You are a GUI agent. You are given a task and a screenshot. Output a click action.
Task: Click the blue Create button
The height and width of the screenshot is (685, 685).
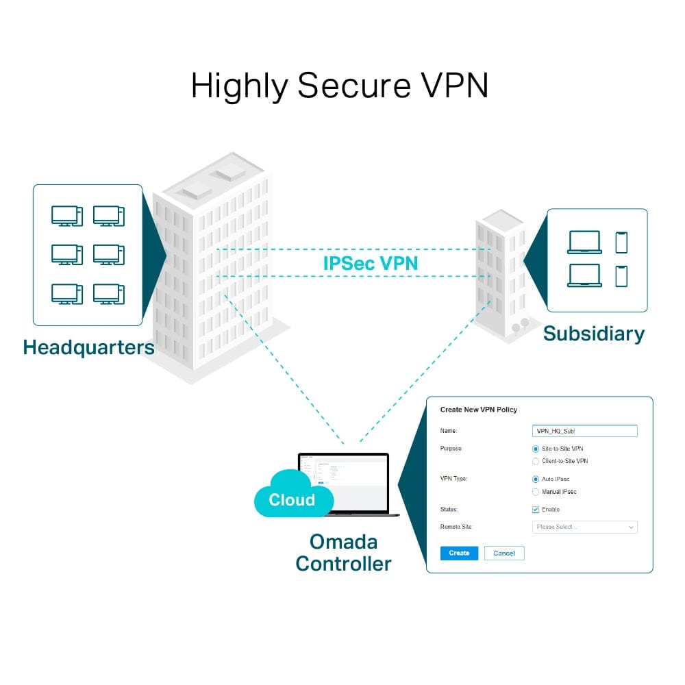click(459, 553)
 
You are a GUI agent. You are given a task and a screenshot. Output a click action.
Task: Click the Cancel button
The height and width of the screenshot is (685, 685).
click(504, 553)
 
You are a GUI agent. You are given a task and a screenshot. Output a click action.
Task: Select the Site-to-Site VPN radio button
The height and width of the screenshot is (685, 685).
click(536, 449)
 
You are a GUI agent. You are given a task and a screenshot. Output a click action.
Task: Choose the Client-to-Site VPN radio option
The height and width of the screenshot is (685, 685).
click(536, 461)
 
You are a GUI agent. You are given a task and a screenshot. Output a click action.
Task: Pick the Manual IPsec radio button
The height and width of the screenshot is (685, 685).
click(536, 492)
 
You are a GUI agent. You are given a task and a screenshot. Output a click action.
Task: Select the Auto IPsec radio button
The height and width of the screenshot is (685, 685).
click(536, 479)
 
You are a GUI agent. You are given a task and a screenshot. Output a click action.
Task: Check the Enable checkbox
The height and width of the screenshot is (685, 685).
click(536, 510)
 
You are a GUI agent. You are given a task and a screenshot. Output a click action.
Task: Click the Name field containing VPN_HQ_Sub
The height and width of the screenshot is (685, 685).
click(584, 431)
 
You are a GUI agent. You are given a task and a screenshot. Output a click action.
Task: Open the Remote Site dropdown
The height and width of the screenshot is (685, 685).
click(584, 527)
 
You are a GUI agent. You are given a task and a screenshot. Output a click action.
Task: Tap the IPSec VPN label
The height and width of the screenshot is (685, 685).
click(370, 263)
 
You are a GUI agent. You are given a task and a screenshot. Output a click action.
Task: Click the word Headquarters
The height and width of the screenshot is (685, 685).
click(88, 347)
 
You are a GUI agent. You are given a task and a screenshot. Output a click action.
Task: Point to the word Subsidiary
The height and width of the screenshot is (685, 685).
click(593, 334)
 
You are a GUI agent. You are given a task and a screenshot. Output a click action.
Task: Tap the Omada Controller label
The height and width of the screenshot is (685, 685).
click(343, 552)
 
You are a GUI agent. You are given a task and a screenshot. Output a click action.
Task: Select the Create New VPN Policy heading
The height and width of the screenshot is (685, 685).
click(478, 410)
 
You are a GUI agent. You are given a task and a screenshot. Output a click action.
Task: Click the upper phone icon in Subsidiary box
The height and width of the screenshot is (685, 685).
click(621, 242)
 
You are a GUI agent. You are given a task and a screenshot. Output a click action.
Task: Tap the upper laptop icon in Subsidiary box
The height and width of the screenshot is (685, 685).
click(584, 242)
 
